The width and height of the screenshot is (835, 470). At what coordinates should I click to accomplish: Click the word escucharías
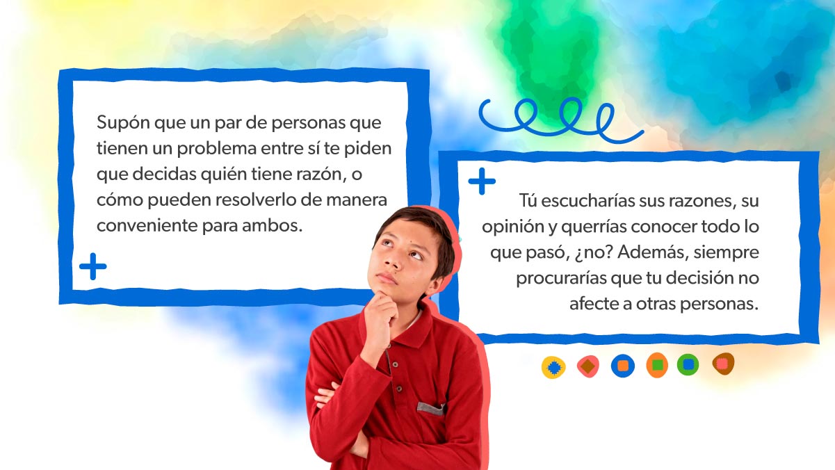pos(587,201)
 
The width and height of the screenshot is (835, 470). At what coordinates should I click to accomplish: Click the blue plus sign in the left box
pos(93,266)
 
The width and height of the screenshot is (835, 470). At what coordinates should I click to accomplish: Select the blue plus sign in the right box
pos(482,181)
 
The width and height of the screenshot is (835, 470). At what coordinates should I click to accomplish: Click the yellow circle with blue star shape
pos(553,367)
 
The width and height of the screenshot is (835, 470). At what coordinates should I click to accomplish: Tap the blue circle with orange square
pos(622,366)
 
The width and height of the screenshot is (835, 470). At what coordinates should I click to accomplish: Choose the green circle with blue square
pos(688,364)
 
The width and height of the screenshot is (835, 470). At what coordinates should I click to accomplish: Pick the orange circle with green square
pos(657,365)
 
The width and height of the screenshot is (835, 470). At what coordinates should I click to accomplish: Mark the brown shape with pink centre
pos(723,364)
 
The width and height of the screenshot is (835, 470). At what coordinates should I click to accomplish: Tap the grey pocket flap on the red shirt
pos(430,409)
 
